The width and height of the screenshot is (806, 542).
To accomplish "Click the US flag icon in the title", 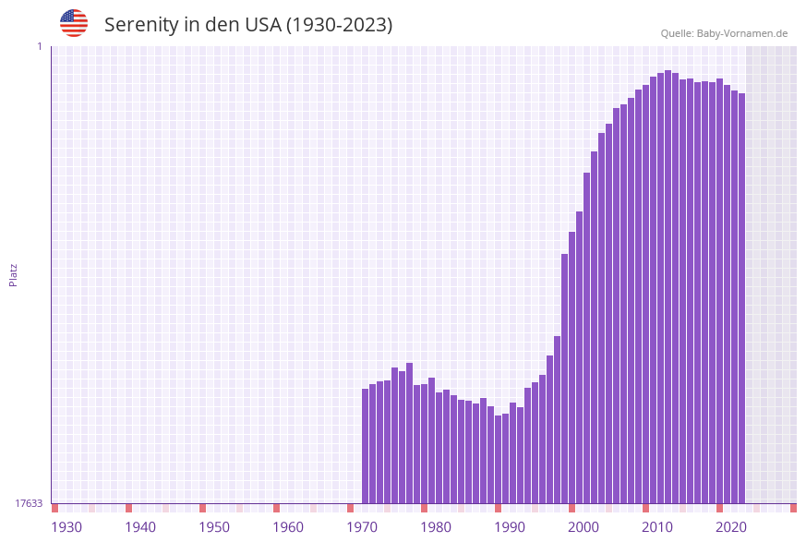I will tap(74, 23).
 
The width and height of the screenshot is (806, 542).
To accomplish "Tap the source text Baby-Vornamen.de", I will tap(741, 33).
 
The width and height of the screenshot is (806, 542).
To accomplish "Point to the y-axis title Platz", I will tap(14, 275).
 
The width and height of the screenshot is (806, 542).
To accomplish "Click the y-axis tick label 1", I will tap(40, 46).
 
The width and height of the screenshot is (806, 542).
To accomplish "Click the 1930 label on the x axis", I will tap(66, 527).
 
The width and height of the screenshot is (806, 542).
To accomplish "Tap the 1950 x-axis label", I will tap(214, 527).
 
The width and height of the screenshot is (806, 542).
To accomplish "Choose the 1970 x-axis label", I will tap(362, 527).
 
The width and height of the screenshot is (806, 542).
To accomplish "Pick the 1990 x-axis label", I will tap(510, 527).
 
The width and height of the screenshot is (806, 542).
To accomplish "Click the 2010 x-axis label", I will tap(657, 527).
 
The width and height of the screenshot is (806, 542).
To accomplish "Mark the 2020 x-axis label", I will tap(731, 527).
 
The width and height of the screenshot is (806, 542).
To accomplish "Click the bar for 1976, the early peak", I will tap(410, 433).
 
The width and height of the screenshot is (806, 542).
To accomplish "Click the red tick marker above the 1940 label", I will tap(129, 508).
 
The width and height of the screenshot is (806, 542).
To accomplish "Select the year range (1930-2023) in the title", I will tap(339, 25).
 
